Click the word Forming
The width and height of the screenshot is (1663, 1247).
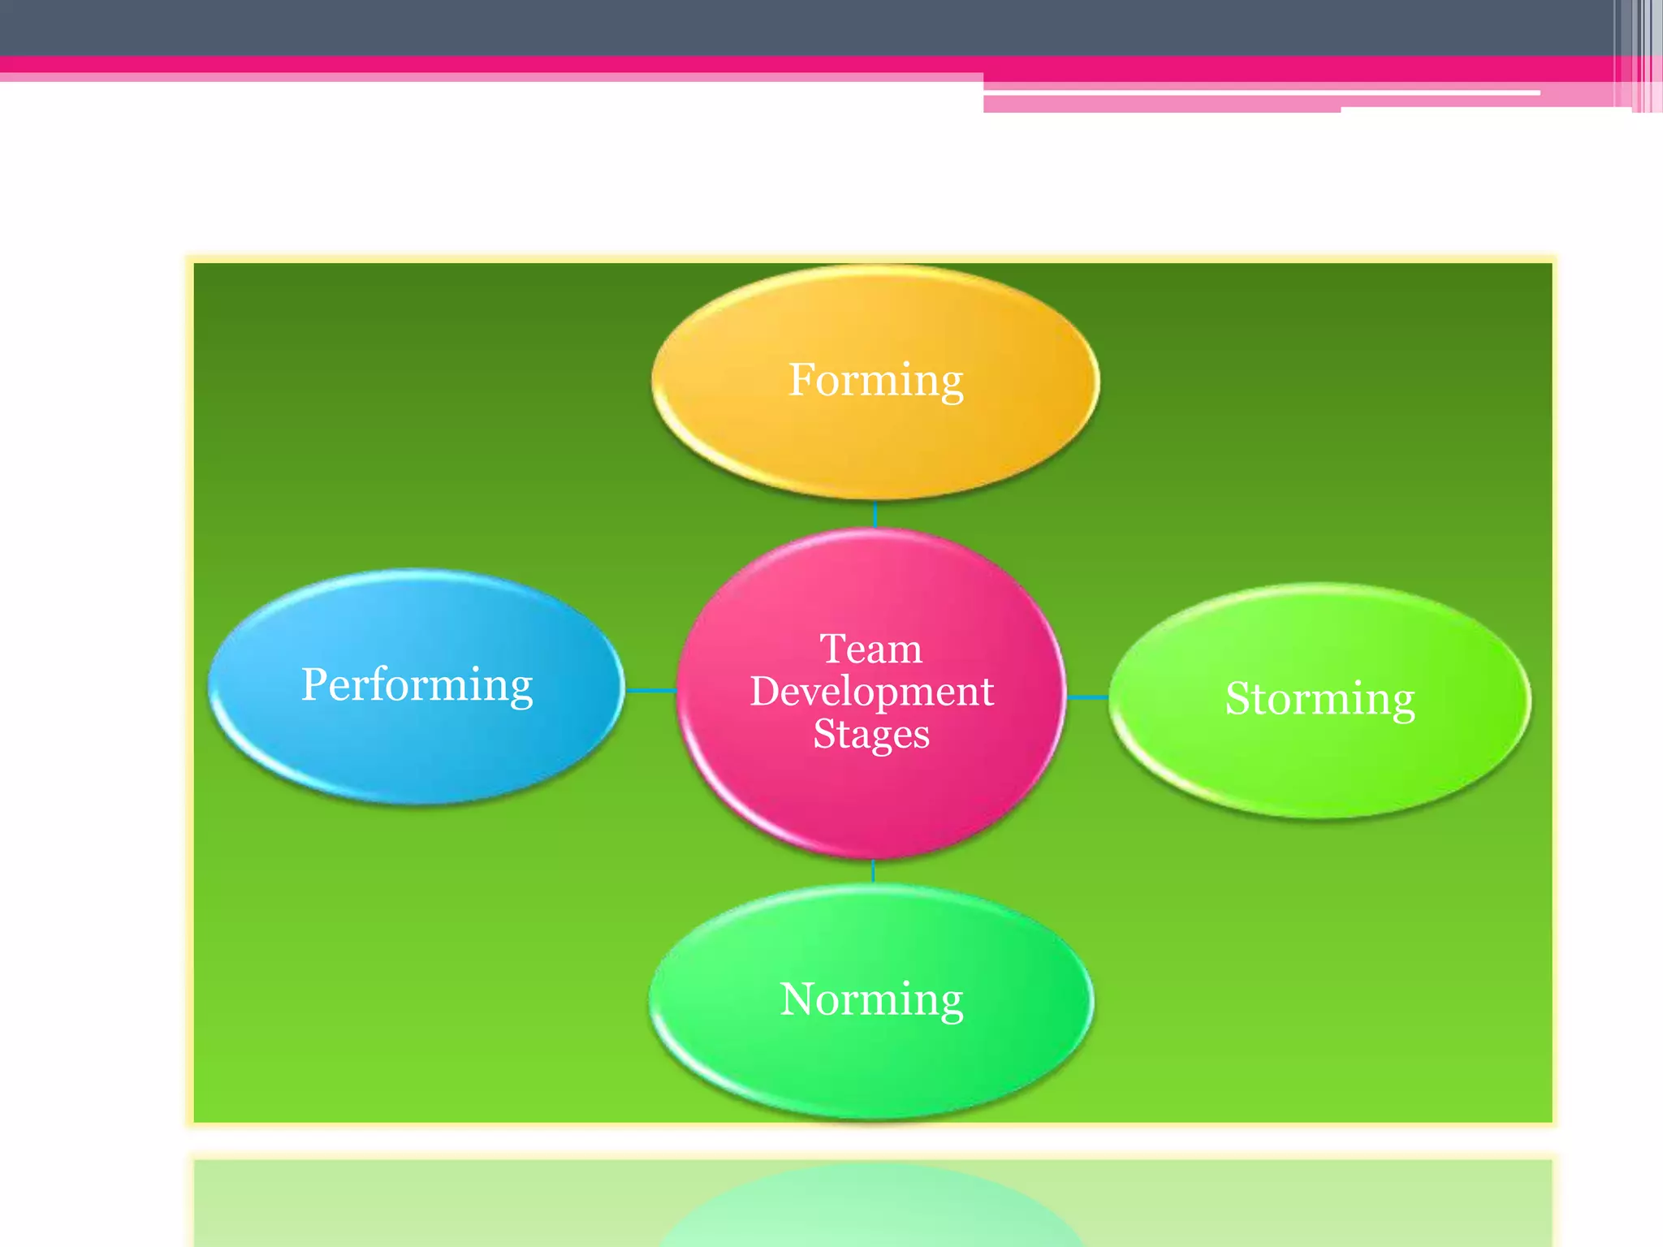875,380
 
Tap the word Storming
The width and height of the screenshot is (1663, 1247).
1320,698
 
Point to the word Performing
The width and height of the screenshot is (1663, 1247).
417,684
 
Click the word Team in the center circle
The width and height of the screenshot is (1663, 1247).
871,649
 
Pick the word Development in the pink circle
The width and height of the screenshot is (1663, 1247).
871,692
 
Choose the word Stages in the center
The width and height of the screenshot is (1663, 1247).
871,734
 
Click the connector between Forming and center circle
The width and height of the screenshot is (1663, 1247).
875,515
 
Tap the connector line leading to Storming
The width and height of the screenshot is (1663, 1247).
1087,697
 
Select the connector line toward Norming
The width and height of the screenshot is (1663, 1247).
873,871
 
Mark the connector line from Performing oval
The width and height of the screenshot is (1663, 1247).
651,691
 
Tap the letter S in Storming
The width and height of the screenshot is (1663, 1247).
1239,698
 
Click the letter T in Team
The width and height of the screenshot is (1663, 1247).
833,649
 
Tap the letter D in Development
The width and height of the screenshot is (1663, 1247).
765,692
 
